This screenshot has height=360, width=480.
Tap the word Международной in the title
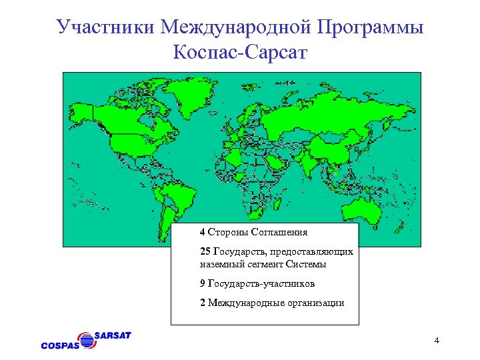pos(237,27)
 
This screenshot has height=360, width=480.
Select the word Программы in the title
pos(371,28)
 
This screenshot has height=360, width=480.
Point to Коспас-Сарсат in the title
pos(240,52)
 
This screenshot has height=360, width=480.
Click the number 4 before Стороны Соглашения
pos(202,233)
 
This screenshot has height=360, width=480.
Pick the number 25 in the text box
pos(204,252)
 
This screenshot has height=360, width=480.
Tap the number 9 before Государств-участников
pos(202,283)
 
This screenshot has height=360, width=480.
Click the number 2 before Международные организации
pos(202,303)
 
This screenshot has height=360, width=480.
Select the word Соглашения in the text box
pos(279,233)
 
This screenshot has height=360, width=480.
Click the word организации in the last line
pos(313,303)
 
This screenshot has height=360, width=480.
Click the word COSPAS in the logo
pos(61,345)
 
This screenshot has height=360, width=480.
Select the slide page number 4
pos(436,342)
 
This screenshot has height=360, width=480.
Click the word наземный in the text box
pos(221,264)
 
